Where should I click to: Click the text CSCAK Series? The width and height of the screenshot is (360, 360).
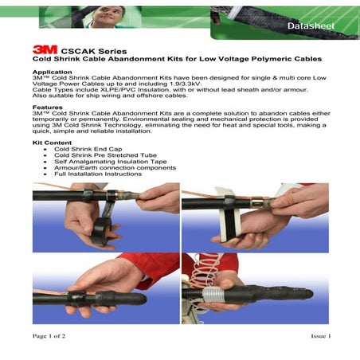[x=92, y=49]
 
